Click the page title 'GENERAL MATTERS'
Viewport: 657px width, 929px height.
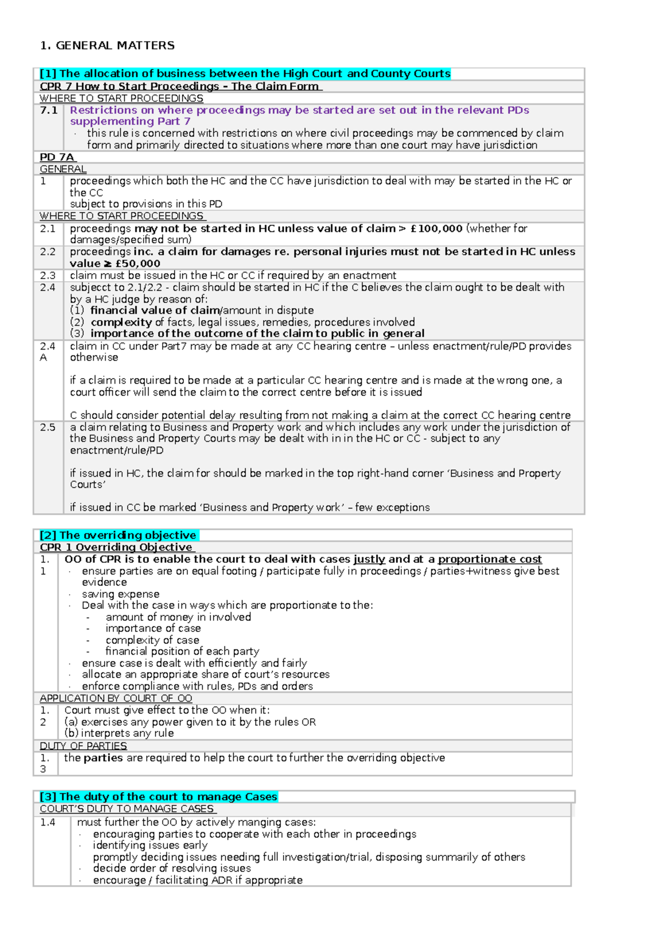(115, 45)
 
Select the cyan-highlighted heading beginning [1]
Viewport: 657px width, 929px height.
(245, 74)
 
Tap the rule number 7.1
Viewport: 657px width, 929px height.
(49, 111)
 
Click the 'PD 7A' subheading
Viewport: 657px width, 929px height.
(57, 157)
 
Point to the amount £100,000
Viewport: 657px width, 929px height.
(437, 229)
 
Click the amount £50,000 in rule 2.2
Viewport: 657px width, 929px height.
(137, 264)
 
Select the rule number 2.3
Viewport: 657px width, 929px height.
(48, 276)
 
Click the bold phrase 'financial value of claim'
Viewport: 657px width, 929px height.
(155, 311)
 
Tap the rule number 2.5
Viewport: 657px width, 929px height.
(48, 427)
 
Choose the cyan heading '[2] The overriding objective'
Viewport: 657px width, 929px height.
(118, 535)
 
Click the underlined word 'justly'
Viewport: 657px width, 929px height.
(370, 559)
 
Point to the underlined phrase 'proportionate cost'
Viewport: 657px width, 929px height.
(489, 559)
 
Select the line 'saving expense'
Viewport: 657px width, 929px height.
(120, 594)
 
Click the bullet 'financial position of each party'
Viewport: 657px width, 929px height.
(182, 652)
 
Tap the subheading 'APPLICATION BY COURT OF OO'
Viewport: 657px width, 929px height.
(116, 699)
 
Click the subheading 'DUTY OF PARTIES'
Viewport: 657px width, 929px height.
(83, 746)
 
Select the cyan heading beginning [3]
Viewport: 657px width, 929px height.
(158, 797)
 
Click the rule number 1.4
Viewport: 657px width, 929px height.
(48, 822)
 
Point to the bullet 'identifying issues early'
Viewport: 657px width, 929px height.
(150, 845)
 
